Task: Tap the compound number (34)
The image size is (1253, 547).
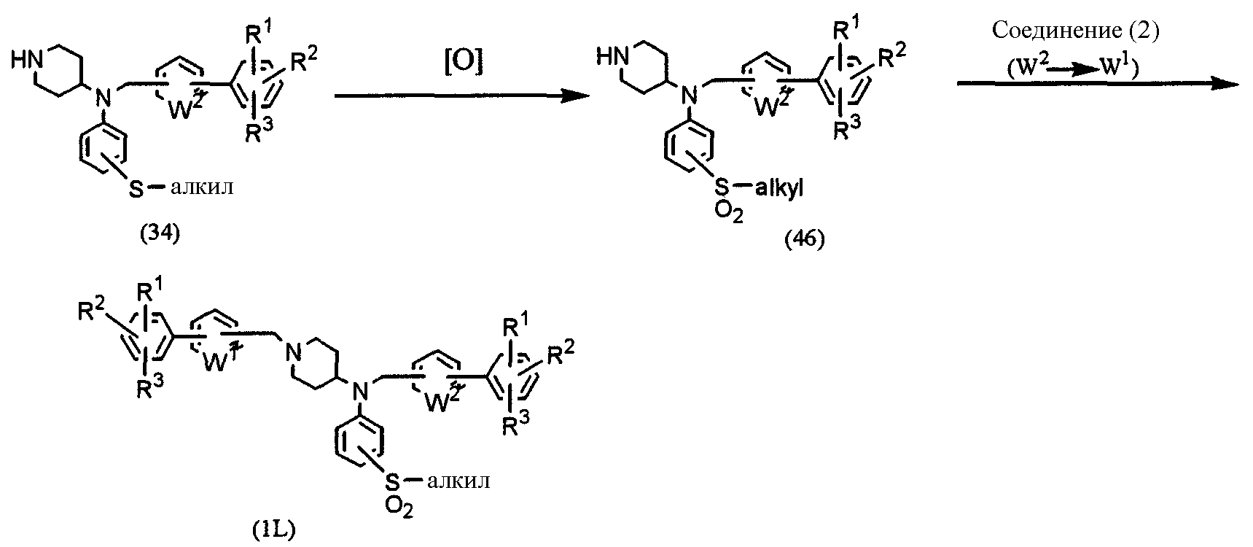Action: pos(160,236)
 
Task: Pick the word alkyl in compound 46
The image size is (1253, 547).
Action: pos(781,190)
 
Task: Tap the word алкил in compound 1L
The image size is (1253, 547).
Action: pos(457,482)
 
